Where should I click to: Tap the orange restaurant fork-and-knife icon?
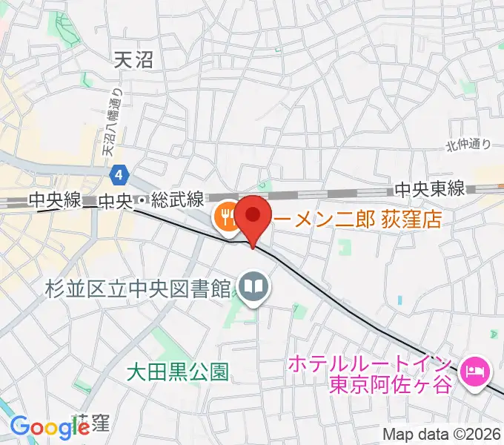tap(225, 217)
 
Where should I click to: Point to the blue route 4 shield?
tap(119, 175)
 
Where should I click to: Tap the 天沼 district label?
tap(134, 59)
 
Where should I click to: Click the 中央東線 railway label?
tap(431, 190)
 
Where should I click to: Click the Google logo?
tap(50, 427)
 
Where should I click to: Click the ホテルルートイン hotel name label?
tap(369, 364)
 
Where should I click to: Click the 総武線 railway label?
tap(176, 200)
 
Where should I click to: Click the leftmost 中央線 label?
tap(53, 200)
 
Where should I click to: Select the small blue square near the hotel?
tap(400, 300)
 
